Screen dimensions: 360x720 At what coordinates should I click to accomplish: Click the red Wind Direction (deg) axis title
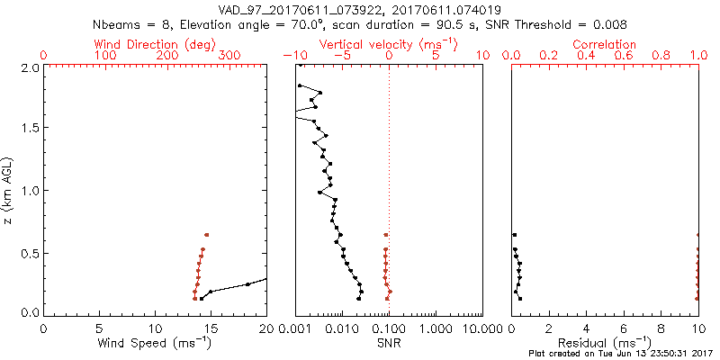155,44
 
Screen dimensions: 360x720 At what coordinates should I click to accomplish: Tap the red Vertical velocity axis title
388,44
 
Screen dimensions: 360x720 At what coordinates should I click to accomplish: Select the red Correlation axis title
605,44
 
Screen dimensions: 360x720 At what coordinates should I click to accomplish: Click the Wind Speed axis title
155,342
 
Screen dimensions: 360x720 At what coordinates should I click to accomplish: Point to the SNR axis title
389,342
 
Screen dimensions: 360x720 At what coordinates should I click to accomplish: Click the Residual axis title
605,342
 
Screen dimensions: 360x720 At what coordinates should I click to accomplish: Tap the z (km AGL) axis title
8,190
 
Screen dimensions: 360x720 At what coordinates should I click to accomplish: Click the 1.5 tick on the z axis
29,128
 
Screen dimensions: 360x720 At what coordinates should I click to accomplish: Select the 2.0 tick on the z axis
29,67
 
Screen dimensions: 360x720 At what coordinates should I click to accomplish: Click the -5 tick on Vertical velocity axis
341,56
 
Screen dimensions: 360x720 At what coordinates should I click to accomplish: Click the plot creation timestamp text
619,353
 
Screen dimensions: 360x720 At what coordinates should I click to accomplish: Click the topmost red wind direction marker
206,235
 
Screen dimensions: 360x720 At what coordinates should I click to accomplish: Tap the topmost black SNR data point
300,85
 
